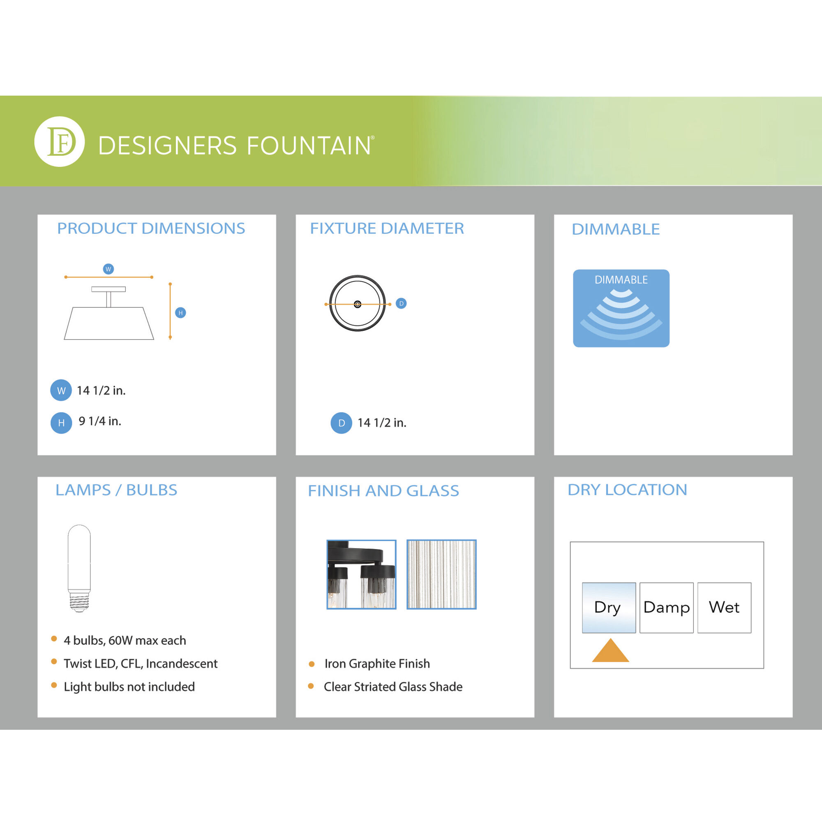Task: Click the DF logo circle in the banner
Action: (x=60, y=142)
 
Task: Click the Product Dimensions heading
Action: (x=151, y=229)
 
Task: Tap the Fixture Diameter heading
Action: (x=387, y=229)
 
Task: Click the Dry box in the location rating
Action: (x=609, y=607)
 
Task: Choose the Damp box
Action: (x=667, y=607)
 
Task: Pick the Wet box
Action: (x=724, y=607)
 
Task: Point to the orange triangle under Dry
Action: (x=611, y=651)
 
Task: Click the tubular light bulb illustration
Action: (x=79, y=568)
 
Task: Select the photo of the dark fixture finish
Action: (x=361, y=575)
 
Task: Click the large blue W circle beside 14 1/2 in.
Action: (x=61, y=390)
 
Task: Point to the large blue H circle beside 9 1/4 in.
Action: (x=61, y=423)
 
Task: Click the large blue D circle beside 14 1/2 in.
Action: (x=341, y=423)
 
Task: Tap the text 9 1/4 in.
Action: (x=100, y=421)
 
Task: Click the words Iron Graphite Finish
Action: (x=377, y=663)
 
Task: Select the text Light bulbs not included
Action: (x=129, y=686)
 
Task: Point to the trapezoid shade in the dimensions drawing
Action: (x=109, y=323)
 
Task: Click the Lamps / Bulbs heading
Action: (x=116, y=490)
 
